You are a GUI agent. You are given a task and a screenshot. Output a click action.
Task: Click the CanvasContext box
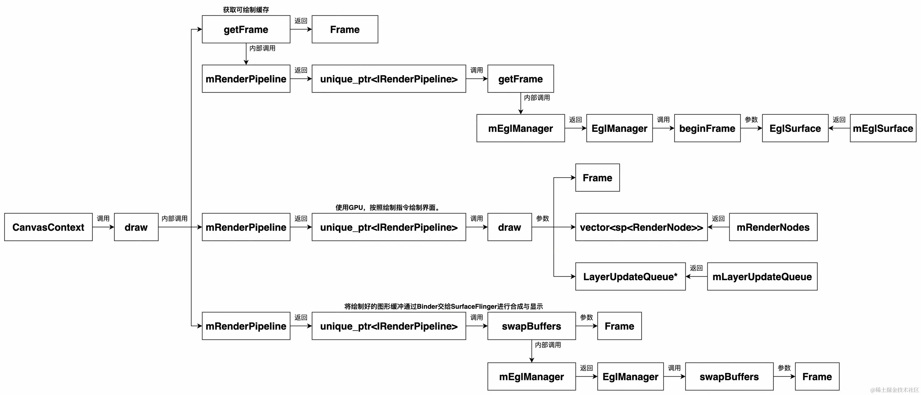click(x=48, y=227)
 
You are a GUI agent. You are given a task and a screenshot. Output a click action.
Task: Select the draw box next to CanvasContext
click(x=136, y=227)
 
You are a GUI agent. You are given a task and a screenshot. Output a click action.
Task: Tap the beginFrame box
click(x=707, y=128)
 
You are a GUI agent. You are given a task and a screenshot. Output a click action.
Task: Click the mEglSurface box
click(x=883, y=128)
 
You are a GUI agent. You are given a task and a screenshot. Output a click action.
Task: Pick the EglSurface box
click(x=795, y=128)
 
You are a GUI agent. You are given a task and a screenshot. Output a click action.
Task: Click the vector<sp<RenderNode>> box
click(x=641, y=227)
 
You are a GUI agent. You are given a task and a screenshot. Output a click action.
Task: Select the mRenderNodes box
click(x=773, y=227)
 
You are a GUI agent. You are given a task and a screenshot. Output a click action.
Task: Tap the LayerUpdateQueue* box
click(x=630, y=277)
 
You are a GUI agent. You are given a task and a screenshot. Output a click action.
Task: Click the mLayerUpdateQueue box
click(x=762, y=277)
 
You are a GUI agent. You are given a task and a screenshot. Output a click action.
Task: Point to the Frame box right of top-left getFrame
click(x=345, y=29)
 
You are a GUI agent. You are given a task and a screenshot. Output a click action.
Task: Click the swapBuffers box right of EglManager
click(x=729, y=377)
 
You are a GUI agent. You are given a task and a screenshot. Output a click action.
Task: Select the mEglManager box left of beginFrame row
click(x=520, y=128)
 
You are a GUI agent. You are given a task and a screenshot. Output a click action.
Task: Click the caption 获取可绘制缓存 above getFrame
click(x=246, y=10)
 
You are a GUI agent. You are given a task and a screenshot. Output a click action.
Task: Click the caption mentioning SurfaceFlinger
click(x=443, y=306)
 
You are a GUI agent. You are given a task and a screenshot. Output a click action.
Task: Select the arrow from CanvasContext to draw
click(x=103, y=227)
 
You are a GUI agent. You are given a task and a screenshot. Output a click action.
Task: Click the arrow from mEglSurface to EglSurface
click(x=839, y=128)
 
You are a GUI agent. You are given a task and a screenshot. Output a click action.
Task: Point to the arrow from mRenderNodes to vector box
click(x=718, y=227)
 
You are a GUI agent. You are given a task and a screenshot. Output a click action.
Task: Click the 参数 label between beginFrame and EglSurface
click(x=751, y=119)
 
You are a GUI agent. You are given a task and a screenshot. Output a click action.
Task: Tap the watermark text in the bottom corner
click(x=894, y=390)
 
